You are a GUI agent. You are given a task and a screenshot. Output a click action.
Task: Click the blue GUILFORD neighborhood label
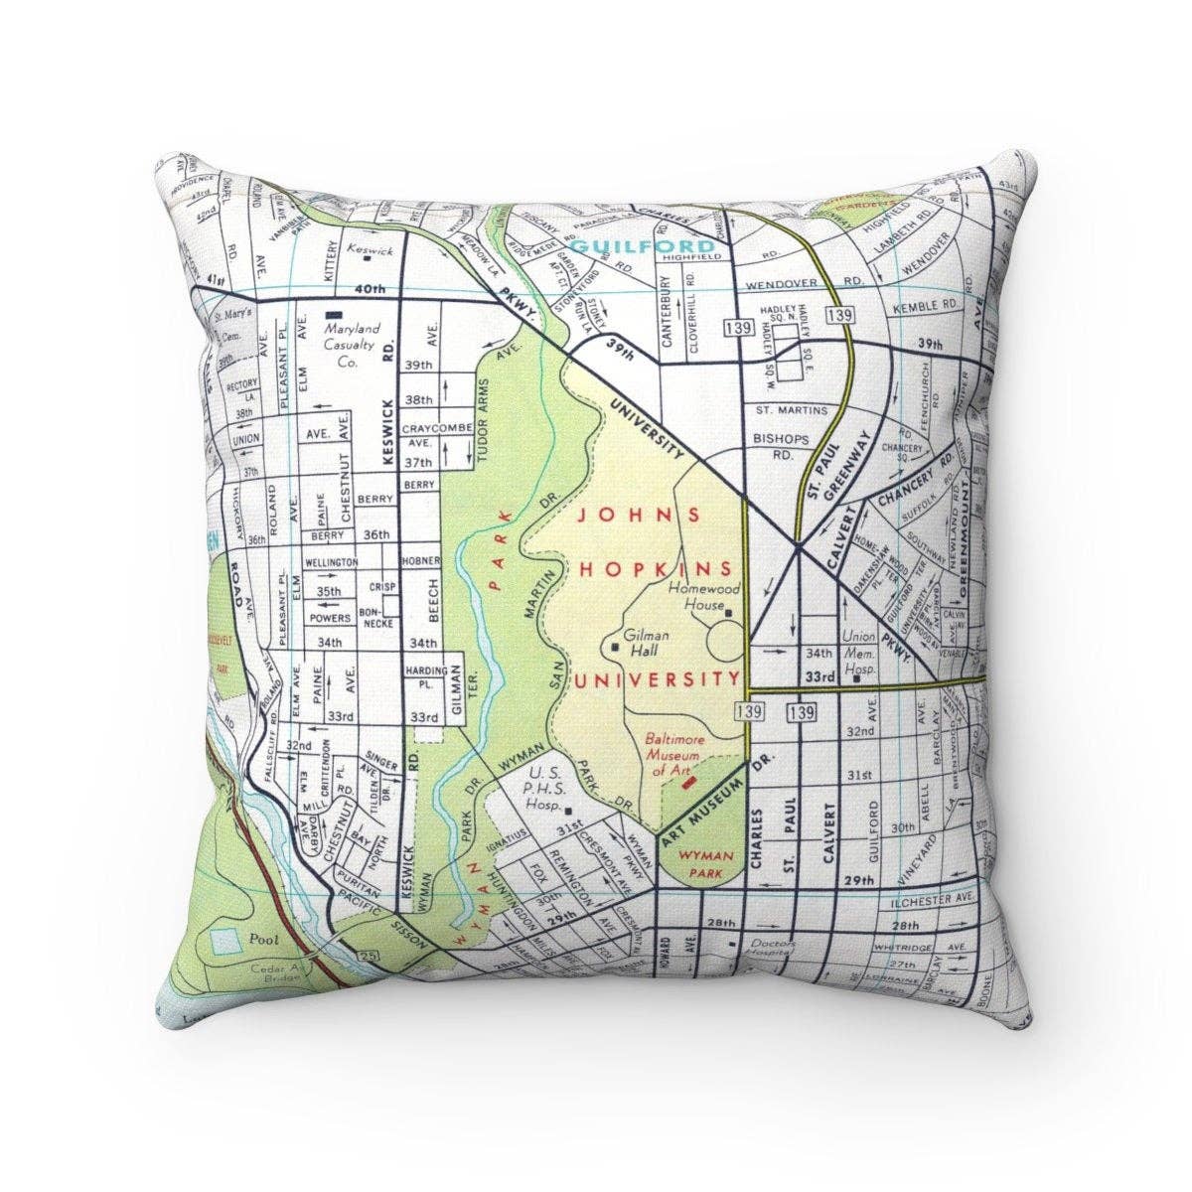pos(643,245)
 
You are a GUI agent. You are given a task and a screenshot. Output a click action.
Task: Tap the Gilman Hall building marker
pos(616,648)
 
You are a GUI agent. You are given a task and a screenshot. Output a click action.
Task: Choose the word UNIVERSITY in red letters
pos(659,680)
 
